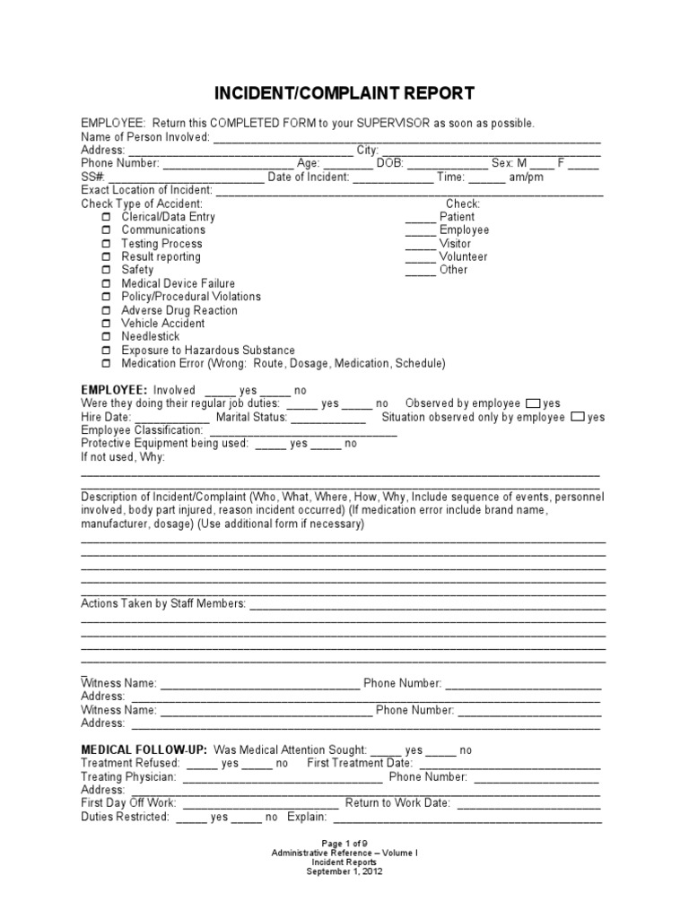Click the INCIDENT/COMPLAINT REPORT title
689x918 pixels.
tap(344, 93)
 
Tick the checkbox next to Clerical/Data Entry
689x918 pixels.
tap(106, 217)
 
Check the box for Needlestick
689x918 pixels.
tap(106, 337)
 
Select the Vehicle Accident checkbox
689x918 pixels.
tap(106, 324)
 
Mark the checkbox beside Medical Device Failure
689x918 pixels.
tap(106, 283)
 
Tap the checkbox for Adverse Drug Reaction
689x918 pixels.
tap(106, 310)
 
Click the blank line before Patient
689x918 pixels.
tap(420, 218)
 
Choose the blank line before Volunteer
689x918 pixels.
tap(420, 257)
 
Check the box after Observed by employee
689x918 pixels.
tap(533, 403)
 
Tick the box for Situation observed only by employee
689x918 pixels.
tap(578, 417)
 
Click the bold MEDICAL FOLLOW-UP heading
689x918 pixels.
tap(144, 749)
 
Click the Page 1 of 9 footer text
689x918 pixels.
tap(344, 843)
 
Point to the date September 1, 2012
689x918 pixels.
tap(344, 871)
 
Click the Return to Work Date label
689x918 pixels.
tap(397, 803)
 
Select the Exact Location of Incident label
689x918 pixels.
tap(147, 190)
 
